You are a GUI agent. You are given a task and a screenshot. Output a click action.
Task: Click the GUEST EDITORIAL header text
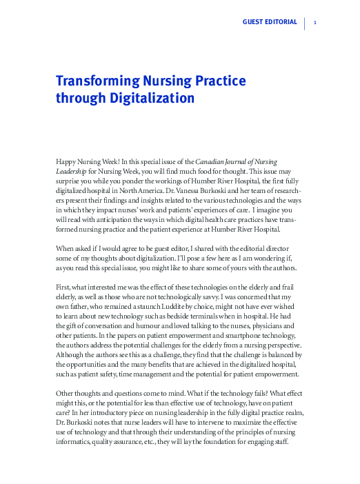[x=270, y=23]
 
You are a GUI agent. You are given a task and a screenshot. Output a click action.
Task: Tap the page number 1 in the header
[x=314, y=23]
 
